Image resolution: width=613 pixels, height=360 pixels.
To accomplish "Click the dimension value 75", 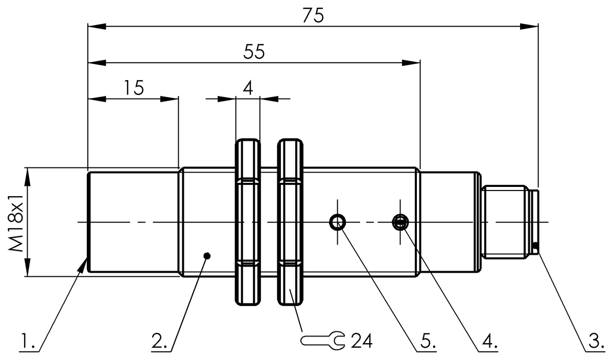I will tap(313, 16).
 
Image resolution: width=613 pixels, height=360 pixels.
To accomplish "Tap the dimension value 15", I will tap(134, 88).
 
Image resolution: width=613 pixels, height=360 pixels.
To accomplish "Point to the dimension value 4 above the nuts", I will tap(248, 88).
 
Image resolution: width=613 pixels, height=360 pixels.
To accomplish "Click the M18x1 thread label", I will tap(15, 222).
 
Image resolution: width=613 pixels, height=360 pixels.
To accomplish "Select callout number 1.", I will tap(28, 341).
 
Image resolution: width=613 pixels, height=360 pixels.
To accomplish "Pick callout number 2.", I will tap(159, 341).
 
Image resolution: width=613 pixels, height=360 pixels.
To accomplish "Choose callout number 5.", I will tap(427, 341).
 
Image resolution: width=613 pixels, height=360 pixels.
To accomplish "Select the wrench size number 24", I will tap(362, 341).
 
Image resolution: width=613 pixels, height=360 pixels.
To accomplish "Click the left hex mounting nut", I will tap(248, 222).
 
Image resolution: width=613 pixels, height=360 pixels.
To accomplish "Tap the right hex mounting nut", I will tap(290, 222).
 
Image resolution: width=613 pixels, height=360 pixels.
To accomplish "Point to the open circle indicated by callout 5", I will tap(337, 222).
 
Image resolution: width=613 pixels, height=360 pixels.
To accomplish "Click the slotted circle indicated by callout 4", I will tap(400, 222).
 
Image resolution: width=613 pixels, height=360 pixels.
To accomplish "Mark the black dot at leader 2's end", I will tap(206, 255).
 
